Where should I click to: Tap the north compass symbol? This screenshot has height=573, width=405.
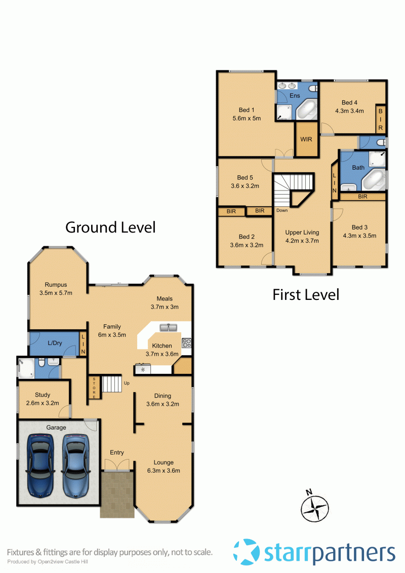pyautogui.click(x=315, y=506)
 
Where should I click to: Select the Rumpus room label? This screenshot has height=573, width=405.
pyautogui.click(x=56, y=285)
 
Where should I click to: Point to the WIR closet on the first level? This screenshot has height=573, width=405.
pyautogui.click(x=306, y=139)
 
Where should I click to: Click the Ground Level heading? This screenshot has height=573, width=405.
pyautogui.click(x=110, y=227)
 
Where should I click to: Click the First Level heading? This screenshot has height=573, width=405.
pyautogui.click(x=306, y=294)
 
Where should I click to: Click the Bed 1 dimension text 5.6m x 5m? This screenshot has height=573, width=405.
pyautogui.click(x=247, y=119)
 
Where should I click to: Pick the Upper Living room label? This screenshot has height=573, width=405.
pyautogui.click(x=302, y=233)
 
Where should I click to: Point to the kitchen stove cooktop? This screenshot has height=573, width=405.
pyautogui.click(x=186, y=342)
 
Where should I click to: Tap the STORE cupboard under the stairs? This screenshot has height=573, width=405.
pyautogui.click(x=94, y=388)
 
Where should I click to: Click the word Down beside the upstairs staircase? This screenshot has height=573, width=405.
pyautogui.click(x=282, y=210)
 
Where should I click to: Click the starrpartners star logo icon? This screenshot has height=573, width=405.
pyautogui.click(x=247, y=552)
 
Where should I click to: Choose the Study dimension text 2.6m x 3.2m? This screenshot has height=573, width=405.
pyautogui.click(x=43, y=403)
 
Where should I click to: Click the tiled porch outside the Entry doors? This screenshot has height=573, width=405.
pyautogui.click(x=117, y=494)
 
